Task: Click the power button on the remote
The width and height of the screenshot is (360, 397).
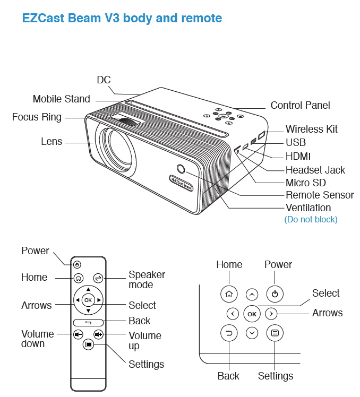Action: (x=78, y=264)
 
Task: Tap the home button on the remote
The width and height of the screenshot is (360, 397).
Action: (x=78, y=278)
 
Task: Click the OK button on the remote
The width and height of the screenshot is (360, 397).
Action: (x=88, y=300)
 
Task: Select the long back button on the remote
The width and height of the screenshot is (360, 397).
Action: (x=88, y=322)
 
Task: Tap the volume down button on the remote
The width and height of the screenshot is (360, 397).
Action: (x=78, y=334)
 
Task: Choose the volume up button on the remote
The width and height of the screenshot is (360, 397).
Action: (x=98, y=334)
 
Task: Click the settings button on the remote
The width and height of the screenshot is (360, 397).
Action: (x=88, y=344)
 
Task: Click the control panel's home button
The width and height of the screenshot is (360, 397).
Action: (x=228, y=294)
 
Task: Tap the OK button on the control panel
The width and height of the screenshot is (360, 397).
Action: (x=252, y=314)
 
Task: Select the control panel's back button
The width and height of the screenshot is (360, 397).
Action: (x=228, y=333)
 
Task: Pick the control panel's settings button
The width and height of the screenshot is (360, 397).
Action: (x=275, y=333)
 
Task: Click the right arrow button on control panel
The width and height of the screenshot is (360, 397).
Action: (x=271, y=313)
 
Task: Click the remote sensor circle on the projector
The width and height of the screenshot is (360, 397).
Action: (x=181, y=169)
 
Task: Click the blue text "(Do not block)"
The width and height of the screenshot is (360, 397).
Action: (x=311, y=219)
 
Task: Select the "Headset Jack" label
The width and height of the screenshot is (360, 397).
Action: (x=315, y=170)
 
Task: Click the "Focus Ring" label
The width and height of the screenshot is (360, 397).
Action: (x=37, y=117)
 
